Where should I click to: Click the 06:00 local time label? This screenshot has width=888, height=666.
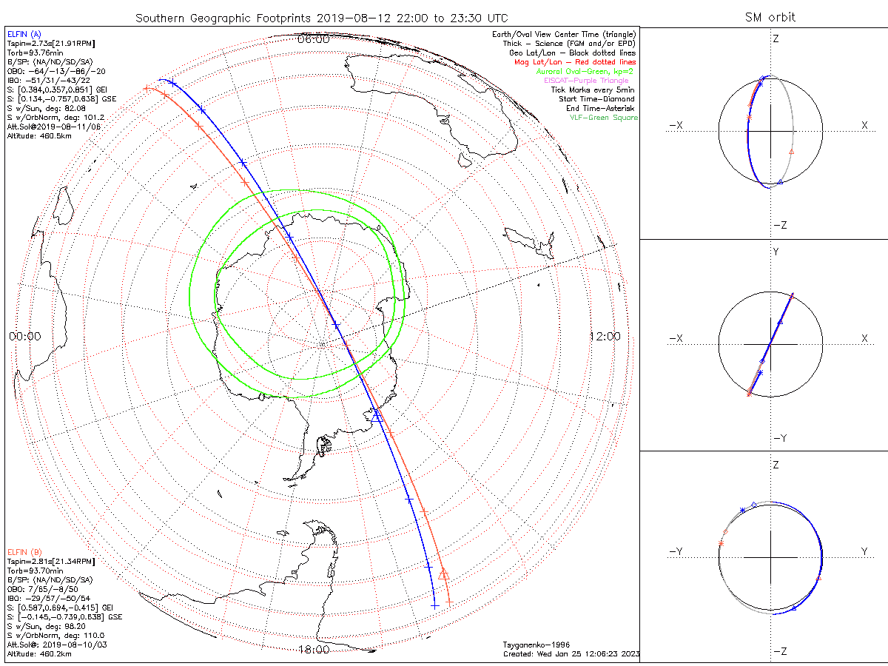pyautogui.click(x=313, y=39)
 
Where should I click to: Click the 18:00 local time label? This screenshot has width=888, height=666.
pyautogui.click(x=313, y=650)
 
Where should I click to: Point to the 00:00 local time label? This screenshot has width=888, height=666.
pyautogui.click(x=24, y=336)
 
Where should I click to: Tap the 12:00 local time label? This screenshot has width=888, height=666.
pyautogui.click(x=605, y=336)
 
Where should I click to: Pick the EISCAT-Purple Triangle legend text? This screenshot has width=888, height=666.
pyautogui.click(x=586, y=81)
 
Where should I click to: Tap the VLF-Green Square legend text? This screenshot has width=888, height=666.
pyautogui.click(x=603, y=118)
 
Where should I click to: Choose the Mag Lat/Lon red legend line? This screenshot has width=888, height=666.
pyautogui.click(x=575, y=62)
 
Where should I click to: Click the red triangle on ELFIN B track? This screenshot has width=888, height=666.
pyautogui.click(x=443, y=574)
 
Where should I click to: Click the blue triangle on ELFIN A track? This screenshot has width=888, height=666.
pyautogui.click(x=376, y=416)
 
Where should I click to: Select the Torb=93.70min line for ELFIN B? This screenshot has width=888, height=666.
pyautogui.click(x=30, y=571)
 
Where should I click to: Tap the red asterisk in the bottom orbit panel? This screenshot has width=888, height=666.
pyautogui.click(x=721, y=544)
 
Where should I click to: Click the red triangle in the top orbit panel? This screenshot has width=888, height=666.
pyautogui.click(x=792, y=151)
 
